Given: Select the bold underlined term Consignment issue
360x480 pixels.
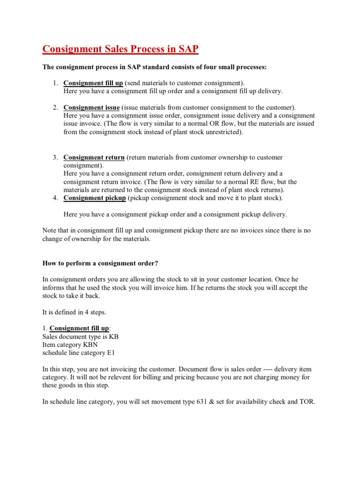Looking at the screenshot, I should pos(91,107).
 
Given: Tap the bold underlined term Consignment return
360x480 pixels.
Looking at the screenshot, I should pos(94,157).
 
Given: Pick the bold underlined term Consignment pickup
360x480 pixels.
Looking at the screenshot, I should pos(95,198).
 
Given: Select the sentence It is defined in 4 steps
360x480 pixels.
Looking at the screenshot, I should pos(73,312).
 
